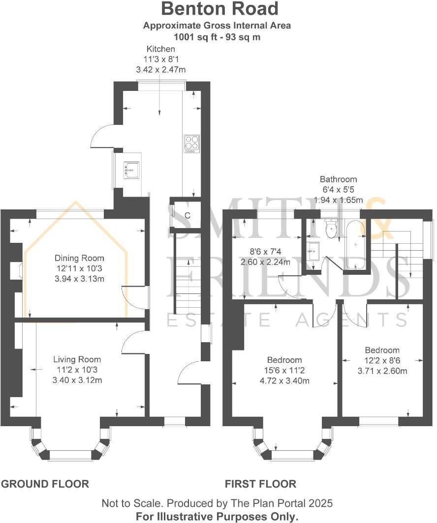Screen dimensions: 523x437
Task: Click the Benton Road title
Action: (x=219, y=9)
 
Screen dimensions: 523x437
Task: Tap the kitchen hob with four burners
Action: (x=192, y=144)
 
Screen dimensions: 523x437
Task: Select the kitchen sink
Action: (x=131, y=170)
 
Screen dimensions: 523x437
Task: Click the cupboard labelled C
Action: (x=187, y=215)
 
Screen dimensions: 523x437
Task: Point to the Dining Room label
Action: (x=79, y=258)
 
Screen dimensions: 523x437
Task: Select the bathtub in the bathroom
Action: (x=355, y=244)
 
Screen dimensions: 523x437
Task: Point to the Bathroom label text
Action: (x=338, y=179)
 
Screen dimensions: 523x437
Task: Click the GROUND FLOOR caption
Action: (x=45, y=484)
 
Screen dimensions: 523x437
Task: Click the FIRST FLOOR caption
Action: (x=260, y=484)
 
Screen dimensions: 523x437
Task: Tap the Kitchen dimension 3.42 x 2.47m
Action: (x=160, y=70)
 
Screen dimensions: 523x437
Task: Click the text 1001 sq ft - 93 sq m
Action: (x=217, y=36)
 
